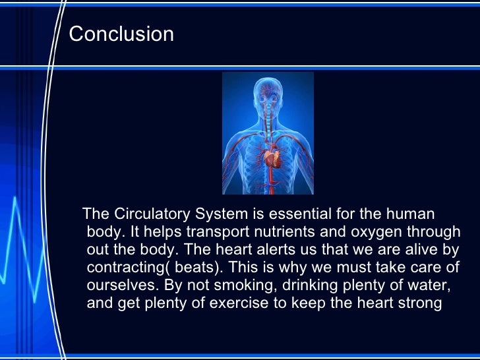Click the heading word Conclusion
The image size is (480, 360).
click(121, 34)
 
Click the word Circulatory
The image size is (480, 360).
click(152, 214)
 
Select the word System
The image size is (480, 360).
click(220, 214)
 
